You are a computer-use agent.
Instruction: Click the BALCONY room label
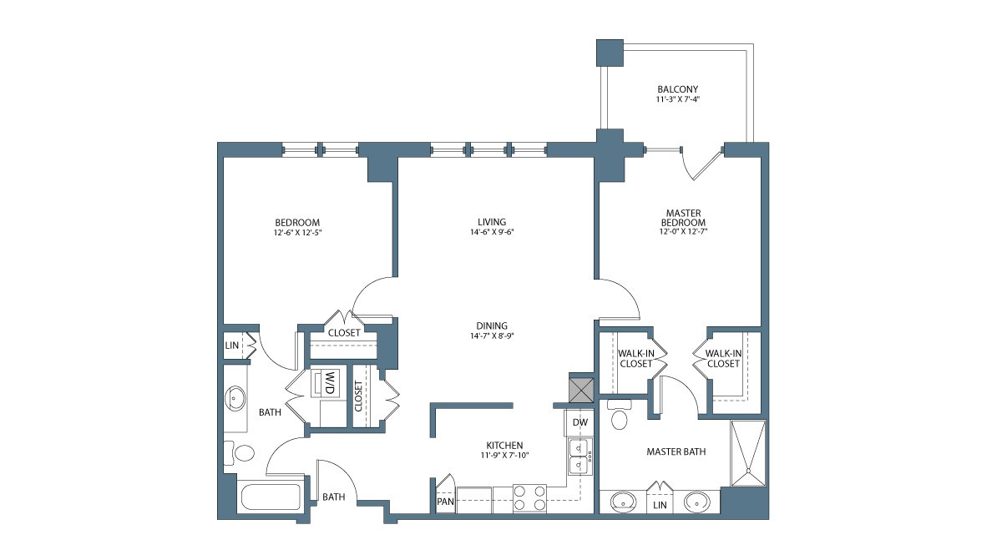pos(677,89)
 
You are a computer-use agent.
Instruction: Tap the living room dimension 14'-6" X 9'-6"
pos(492,232)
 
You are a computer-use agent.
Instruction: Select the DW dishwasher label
pos(579,422)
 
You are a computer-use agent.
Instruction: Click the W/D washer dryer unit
pos(326,382)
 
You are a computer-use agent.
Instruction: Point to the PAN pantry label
pos(445,502)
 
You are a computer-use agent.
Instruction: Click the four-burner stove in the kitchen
pos(529,498)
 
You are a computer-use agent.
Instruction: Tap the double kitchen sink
pos(579,457)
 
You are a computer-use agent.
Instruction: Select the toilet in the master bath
pos(619,415)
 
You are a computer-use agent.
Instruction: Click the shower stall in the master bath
pos(748,452)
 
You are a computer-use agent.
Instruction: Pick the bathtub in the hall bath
pos(271,497)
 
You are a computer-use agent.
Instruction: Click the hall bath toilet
pos(240,453)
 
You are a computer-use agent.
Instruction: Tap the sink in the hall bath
pos(235,398)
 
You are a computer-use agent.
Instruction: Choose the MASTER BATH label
pos(676,452)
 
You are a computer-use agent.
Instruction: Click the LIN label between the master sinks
pos(660,505)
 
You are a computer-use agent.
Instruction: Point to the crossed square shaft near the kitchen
pos(581,391)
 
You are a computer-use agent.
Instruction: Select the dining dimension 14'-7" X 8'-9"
pos(492,336)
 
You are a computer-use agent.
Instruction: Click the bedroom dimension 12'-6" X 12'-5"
pos(298,233)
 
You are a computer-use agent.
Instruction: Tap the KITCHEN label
pos(504,445)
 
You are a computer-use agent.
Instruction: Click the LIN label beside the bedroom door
pos(232,346)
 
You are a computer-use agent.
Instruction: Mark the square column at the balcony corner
pos(610,53)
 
